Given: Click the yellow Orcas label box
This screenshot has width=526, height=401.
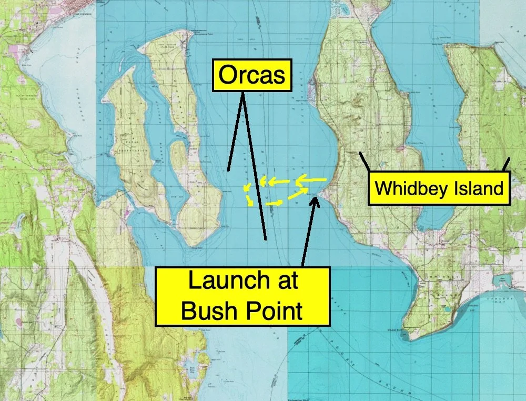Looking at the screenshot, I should click(x=251, y=76).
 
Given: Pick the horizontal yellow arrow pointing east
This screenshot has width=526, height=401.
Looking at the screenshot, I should click(x=275, y=202).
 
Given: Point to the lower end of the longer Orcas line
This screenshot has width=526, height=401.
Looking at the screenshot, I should click(x=266, y=239).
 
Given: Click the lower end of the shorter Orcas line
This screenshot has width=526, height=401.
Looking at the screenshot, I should click(x=229, y=169).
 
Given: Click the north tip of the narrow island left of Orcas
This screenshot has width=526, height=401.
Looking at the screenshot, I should click(x=187, y=33).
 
